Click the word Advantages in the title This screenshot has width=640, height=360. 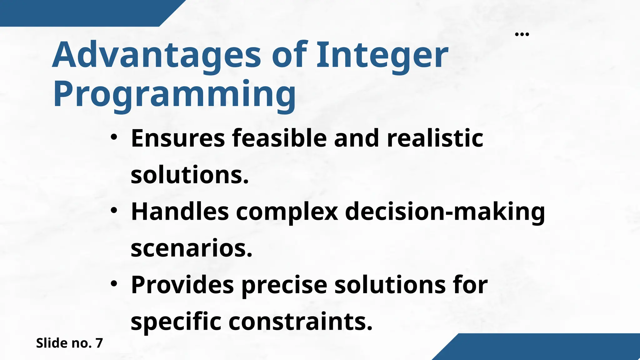click(x=156, y=55)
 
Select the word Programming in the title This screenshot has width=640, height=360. click(x=174, y=94)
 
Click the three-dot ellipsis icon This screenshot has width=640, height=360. click(x=522, y=34)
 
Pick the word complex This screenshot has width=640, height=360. click(x=287, y=212)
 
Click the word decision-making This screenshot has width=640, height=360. click(x=445, y=212)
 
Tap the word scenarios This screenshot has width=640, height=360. click(x=191, y=248)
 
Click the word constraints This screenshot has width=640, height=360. click(x=301, y=322)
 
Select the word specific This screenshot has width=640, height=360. click(x=176, y=322)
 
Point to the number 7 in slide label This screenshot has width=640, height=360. click(x=99, y=343)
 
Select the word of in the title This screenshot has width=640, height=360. click(x=289, y=55)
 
